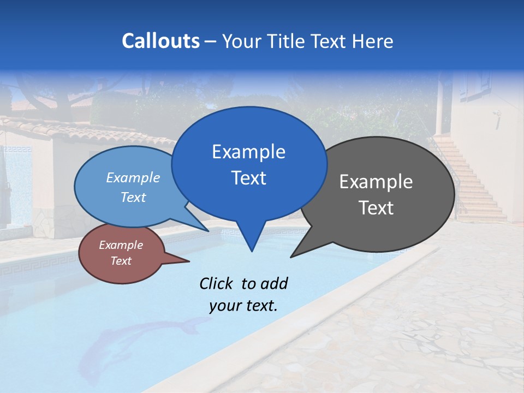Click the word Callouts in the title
[160, 41]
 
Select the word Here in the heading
[373, 41]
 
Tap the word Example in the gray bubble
[376, 182]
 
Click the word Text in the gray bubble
[376, 208]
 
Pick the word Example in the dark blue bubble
[248, 152]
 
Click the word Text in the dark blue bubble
[248, 178]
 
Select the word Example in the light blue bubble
[133, 177]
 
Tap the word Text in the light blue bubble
[133, 197]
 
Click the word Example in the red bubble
[121, 245]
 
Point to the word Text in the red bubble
[121, 261]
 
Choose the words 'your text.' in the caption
[243, 306]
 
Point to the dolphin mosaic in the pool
[136, 341]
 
